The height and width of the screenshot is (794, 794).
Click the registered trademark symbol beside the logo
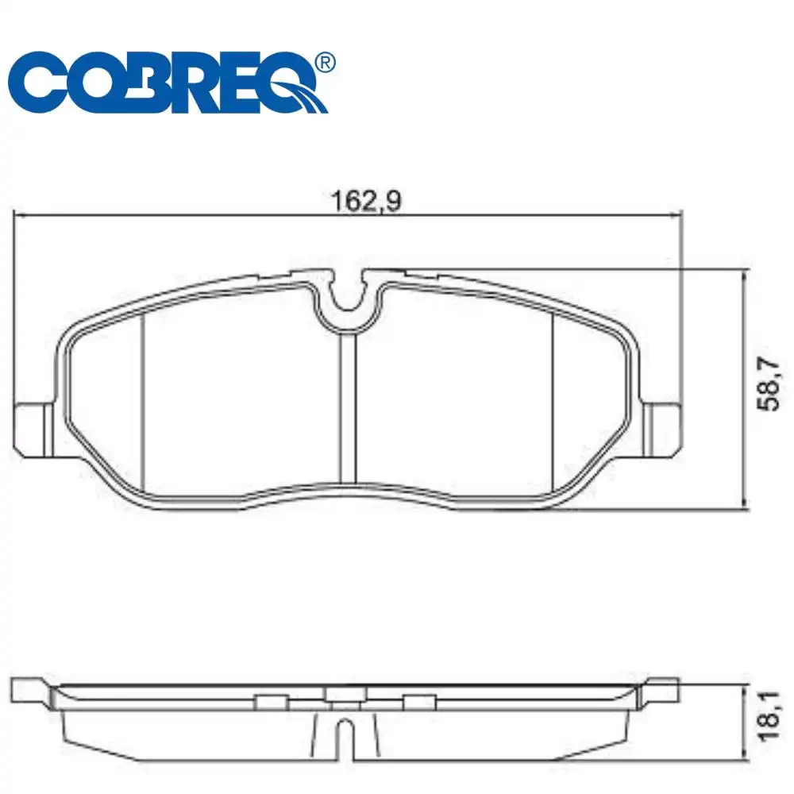point(324,63)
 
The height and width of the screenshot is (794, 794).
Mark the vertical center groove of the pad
point(348,409)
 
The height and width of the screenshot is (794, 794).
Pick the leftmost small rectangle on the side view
point(272,700)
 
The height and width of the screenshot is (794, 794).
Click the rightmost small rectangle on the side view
point(419,700)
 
